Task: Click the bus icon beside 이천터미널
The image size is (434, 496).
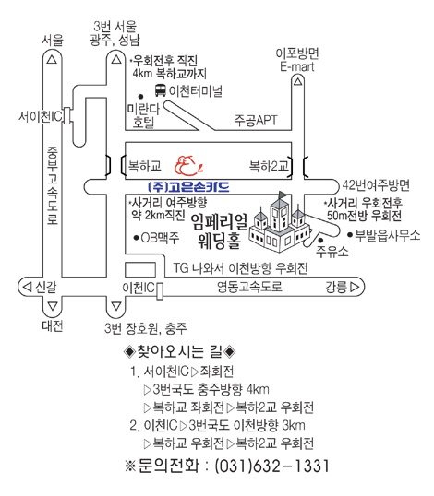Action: tap(161, 90)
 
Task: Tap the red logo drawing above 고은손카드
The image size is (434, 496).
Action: tap(188, 165)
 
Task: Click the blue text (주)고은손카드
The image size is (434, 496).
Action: tap(188, 187)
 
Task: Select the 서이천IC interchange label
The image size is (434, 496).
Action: tap(41, 117)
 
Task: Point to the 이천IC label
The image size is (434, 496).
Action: tap(139, 288)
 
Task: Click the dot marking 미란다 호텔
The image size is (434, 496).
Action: tap(140, 97)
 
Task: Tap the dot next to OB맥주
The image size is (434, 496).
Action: tap(137, 237)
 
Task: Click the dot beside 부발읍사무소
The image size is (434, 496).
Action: tap(350, 235)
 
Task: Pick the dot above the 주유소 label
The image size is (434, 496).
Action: tap(320, 241)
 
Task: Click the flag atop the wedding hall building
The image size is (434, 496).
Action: tap(283, 195)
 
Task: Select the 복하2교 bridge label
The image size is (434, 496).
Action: tap(269, 165)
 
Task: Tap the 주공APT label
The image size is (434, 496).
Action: tap(256, 120)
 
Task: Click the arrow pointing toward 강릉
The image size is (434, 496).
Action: tap(355, 287)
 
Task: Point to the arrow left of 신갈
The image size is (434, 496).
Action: tap(28, 287)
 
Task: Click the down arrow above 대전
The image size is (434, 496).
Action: tap(53, 306)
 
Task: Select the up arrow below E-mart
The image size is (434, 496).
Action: tap(297, 82)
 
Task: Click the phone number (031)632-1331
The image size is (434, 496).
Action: tap(272, 466)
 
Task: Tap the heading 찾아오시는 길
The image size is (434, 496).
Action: tap(180, 351)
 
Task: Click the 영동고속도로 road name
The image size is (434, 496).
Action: tap(249, 287)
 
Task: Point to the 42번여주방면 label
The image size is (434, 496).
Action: tap(376, 185)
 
